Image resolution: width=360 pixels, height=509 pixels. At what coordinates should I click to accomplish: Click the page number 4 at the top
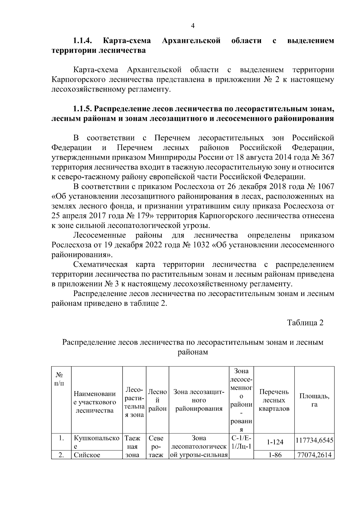pos(193,26)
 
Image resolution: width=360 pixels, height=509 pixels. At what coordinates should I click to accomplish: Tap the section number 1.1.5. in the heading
pos(84,108)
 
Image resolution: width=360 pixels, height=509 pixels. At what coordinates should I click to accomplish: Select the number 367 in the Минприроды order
pos(327,157)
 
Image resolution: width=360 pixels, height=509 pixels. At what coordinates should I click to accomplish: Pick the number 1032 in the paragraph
pos(200,245)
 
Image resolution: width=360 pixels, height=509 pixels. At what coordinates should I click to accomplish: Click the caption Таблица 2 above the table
pos(305,323)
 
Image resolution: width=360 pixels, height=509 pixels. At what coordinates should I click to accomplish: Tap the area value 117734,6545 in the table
pos(314,441)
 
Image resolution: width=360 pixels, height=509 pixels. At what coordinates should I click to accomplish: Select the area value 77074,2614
pos(314,455)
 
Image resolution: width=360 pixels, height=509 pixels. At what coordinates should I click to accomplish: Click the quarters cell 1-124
pos(274,442)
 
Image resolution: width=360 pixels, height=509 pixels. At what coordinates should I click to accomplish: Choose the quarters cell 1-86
pos(274,455)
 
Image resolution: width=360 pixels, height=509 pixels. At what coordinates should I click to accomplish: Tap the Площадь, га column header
pos(314,400)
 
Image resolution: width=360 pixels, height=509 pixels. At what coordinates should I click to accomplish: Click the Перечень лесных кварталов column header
pos(274,400)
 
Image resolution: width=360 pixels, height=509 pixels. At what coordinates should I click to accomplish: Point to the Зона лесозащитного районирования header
pos(199,400)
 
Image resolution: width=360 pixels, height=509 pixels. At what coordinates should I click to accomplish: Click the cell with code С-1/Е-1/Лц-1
pos(241,442)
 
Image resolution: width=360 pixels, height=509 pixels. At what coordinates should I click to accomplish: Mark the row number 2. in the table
pos(61,455)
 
